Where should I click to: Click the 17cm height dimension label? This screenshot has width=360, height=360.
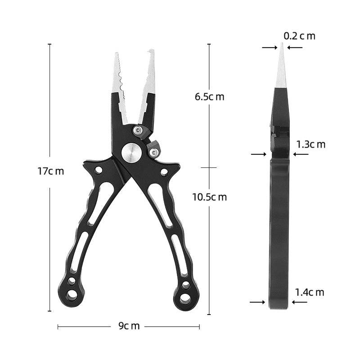(50, 171)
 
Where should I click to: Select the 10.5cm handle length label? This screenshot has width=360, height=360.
(209, 197)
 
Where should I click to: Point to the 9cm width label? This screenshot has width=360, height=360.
(129, 326)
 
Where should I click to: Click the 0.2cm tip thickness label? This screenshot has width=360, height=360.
(299, 36)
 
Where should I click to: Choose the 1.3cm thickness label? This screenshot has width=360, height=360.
(310, 144)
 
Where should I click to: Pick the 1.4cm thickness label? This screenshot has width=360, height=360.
(310, 292)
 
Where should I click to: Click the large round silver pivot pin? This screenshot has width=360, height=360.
(131, 153)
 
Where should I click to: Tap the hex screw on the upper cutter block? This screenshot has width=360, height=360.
(139, 130)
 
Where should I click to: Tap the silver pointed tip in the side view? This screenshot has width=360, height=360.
(281, 47)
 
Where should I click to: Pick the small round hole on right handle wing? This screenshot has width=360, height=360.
(164, 172)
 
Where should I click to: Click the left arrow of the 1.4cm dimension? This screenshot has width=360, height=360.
(258, 302)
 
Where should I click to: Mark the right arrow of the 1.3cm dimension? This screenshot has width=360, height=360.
(301, 154)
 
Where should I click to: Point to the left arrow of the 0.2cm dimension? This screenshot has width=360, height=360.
(269, 47)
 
